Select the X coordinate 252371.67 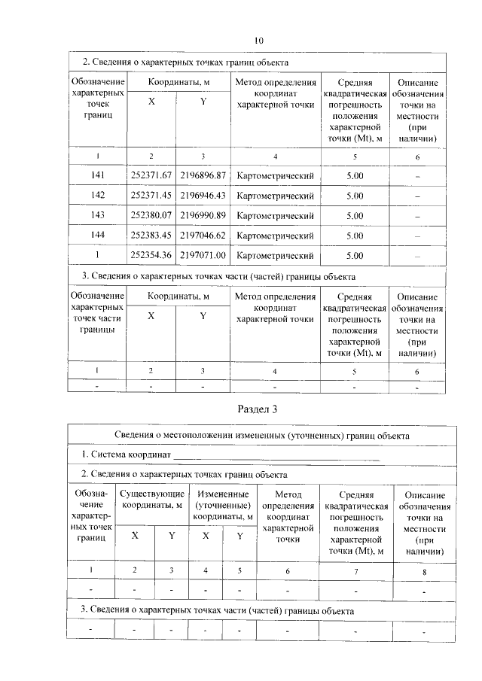(151, 175)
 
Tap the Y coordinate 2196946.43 (202, 196)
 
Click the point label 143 (97, 216)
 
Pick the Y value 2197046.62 (202, 236)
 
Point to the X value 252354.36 (151, 256)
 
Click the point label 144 (97, 236)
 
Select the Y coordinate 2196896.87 (202, 175)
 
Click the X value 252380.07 (151, 216)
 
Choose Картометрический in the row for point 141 (275, 175)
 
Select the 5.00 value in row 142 (355, 196)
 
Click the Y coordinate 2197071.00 (202, 256)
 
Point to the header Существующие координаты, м (153, 500)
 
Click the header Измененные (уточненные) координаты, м (222, 506)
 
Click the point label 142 (97, 196)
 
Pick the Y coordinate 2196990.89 (202, 216)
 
